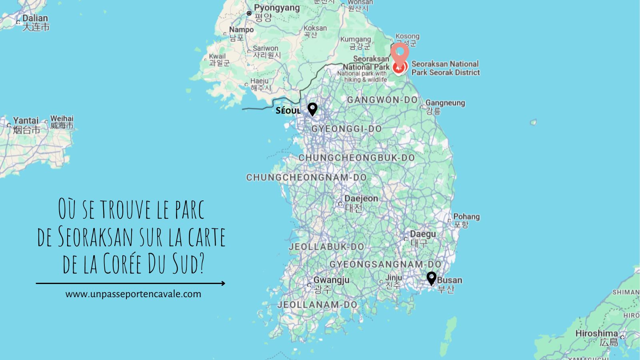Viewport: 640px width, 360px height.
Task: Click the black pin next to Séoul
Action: pos(312,109)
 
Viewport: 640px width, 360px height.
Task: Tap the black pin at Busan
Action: pos(431,278)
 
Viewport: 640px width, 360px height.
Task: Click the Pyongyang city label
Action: pos(276,8)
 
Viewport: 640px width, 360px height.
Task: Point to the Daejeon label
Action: pos(361,199)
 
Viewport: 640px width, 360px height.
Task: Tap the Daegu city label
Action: pos(422,234)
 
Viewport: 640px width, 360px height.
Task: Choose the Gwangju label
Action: pos(331,280)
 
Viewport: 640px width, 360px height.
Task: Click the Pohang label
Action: pos(466,217)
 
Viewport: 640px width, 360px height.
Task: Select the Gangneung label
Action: pos(445,103)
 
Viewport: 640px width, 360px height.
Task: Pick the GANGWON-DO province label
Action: pos(382,100)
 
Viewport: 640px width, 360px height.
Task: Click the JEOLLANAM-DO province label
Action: pos(317,305)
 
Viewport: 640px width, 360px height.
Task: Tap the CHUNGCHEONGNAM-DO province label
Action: pos(306,177)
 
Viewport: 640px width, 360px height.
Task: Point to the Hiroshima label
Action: pos(596,333)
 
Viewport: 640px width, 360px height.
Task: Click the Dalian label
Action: pos(35,18)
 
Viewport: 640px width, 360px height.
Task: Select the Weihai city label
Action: pos(62,118)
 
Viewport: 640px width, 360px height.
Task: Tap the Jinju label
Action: pos(394,278)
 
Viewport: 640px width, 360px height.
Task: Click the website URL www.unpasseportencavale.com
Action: pos(133,294)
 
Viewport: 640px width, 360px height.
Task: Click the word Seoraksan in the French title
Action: pos(96,236)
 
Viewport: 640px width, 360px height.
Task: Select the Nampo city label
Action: pos(241,30)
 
